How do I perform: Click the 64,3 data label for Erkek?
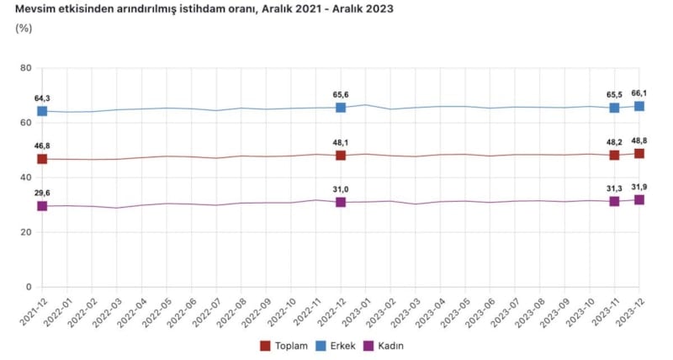(42, 98)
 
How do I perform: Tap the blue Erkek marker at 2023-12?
(639, 106)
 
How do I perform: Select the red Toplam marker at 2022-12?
(341, 156)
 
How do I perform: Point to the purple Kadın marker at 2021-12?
(42, 206)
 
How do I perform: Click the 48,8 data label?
(639, 140)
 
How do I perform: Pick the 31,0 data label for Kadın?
(341, 189)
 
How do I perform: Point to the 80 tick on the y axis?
(25, 68)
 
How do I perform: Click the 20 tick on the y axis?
(25, 232)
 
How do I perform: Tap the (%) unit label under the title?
(24, 28)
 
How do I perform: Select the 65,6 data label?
(341, 94)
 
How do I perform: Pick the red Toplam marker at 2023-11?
(614, 156)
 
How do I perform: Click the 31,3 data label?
(614, 188)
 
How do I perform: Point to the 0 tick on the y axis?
(29, 287)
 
